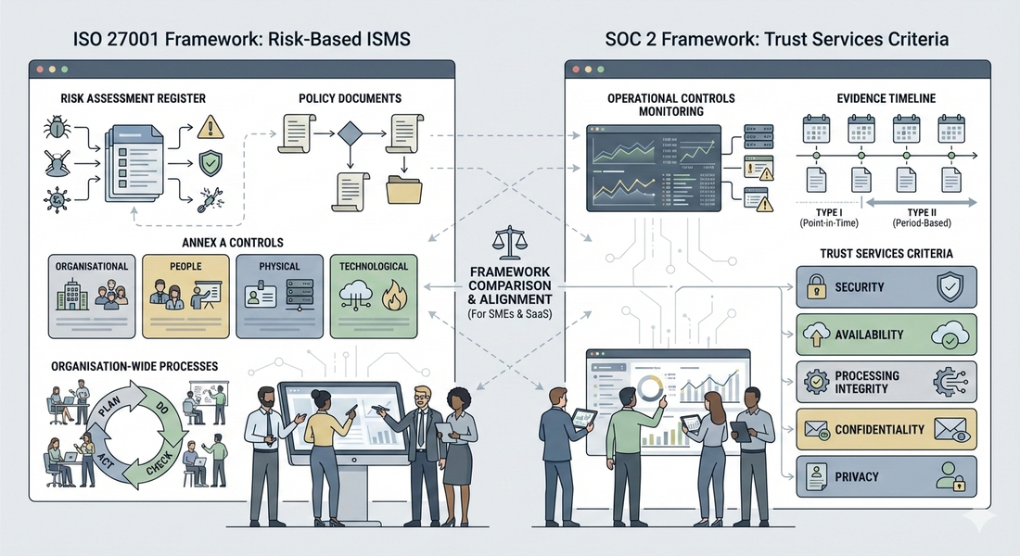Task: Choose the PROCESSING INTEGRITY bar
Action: click(886, 383)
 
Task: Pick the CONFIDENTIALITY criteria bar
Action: click(886, 430)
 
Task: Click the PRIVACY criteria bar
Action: click(886, 477)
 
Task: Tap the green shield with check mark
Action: click(210, 165)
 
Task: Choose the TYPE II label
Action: click(920, 211)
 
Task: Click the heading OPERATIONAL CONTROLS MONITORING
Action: click(658, 104)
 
